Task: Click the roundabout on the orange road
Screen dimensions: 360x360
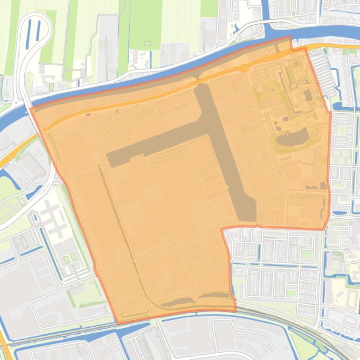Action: coord(243,68)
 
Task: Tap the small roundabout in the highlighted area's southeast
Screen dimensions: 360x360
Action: coord(285,193)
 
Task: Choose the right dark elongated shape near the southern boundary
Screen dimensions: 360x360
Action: coord(213,295)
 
